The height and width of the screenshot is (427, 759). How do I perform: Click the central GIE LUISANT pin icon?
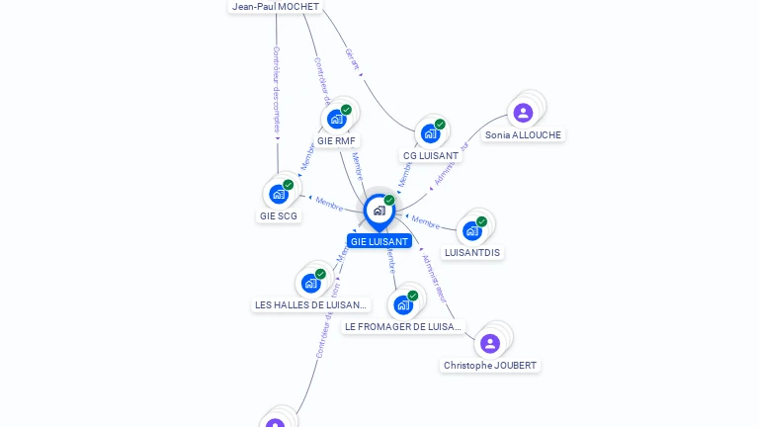(x=379, y=211)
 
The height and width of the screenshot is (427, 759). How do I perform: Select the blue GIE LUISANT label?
(x=379, y=241)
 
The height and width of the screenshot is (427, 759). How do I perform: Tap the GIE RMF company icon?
(x=336, y=120)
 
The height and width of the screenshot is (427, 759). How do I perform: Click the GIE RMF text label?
(x=336, y=141)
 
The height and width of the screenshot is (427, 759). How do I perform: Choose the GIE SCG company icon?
(x=278, y=194)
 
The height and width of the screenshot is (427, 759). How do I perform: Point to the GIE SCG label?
(x=279, y=215)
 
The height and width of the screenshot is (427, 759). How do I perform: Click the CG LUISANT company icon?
(x=430, y=133)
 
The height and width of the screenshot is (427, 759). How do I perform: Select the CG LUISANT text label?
(x=431, y=155)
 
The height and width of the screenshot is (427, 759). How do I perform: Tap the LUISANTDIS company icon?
(x=471, y=230)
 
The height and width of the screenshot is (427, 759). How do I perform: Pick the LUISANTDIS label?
(x=472, y=252)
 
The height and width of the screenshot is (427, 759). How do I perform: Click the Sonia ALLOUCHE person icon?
(x=523, y=113)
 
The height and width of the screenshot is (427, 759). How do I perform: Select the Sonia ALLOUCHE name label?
(x=523, y=134)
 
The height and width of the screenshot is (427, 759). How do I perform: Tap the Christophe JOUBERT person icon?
(x=489, y=343)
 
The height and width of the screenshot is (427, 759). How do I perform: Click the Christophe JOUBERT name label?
(x=490, y=365)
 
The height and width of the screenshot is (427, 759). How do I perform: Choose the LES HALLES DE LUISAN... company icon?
(x=310, y=283)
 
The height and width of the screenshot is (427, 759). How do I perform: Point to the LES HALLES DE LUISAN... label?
(x=310, y=305)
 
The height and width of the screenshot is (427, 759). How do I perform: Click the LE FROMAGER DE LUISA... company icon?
(x=402, y=304)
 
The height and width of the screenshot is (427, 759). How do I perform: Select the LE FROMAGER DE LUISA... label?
(x=402, y=326)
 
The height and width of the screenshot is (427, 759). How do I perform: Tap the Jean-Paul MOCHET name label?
(x=276, y=6)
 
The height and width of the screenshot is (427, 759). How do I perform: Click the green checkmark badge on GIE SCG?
(x=289, y=185)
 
